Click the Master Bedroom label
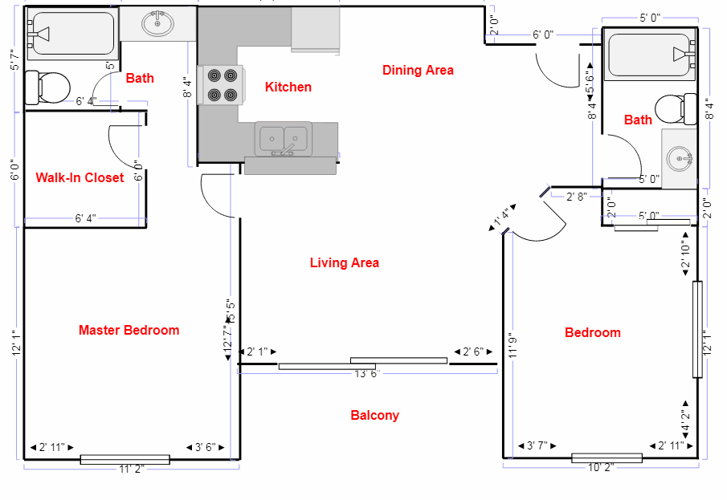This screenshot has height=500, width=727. (129, 330)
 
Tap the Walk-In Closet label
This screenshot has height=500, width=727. (80, 177)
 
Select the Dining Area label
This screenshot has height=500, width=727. (418, 70)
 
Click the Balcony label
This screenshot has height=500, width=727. (374, 415)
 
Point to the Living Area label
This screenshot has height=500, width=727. (344, 262)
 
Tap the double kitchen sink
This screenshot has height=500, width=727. (284, 139)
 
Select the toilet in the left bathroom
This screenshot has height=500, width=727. (45, 87)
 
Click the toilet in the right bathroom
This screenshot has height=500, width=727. (675, 108)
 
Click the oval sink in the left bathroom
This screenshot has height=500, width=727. (157, 24)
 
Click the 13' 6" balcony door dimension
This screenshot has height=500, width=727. (366, 374)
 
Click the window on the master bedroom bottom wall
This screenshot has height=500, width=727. (125, 459)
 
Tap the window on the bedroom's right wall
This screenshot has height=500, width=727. (698, 329)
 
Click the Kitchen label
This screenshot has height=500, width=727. (288, 87)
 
